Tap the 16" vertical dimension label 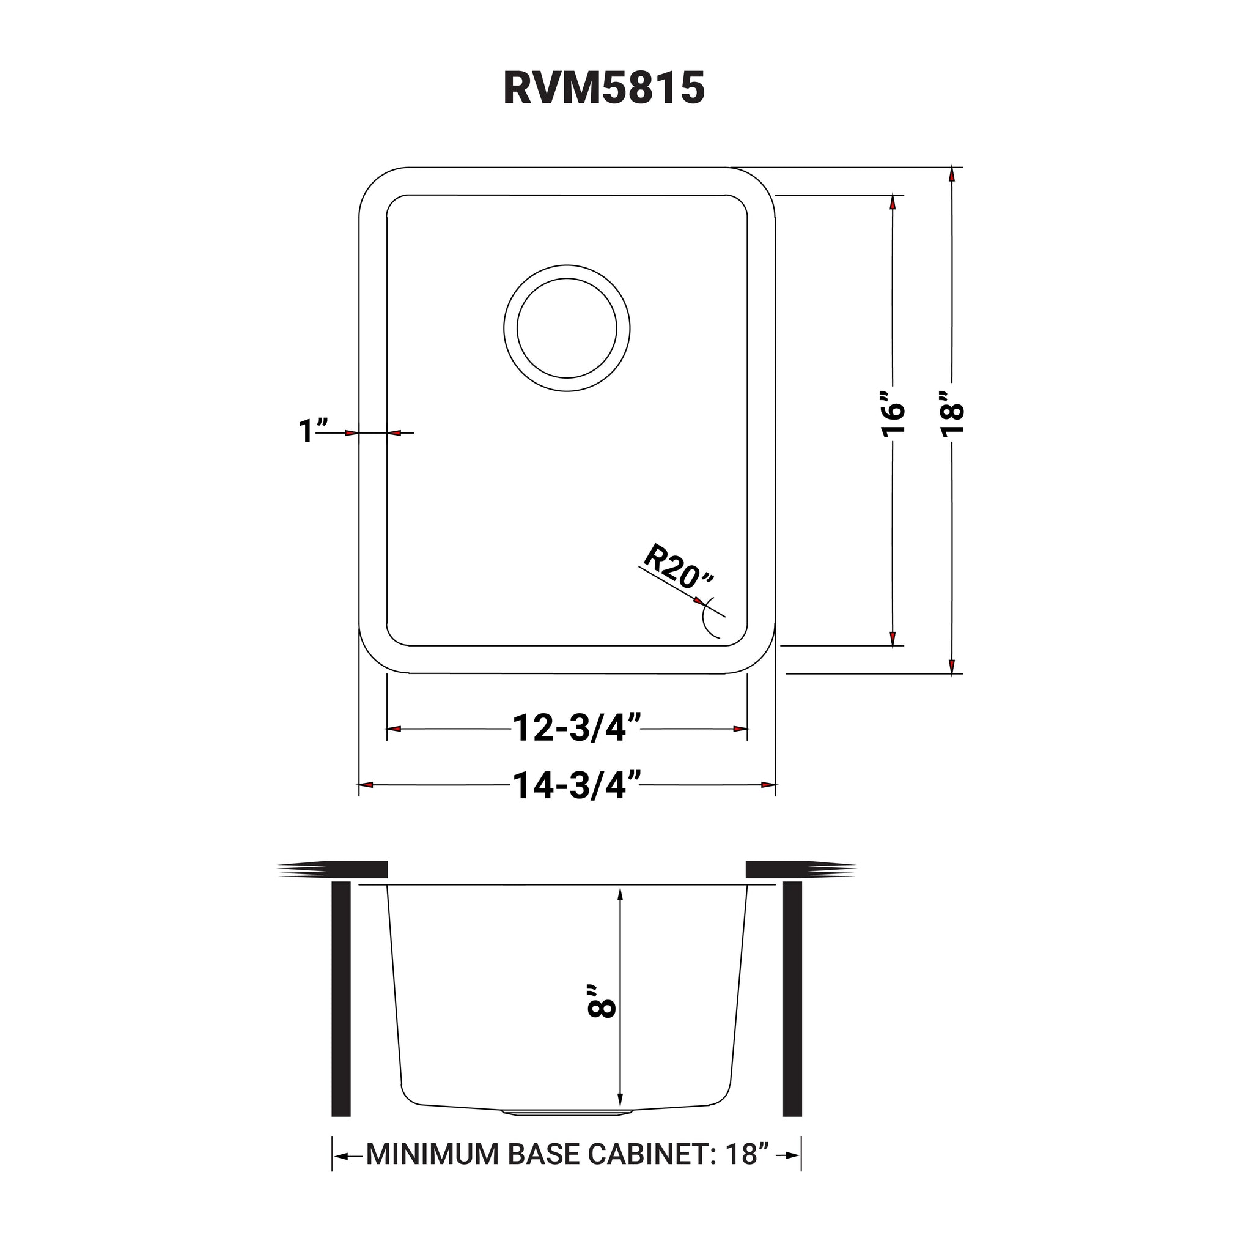[894, 415]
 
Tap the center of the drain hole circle [567, 328]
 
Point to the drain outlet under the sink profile [567, 1113]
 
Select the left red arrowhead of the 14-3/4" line [366, 785]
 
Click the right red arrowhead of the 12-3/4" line [740, 729]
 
